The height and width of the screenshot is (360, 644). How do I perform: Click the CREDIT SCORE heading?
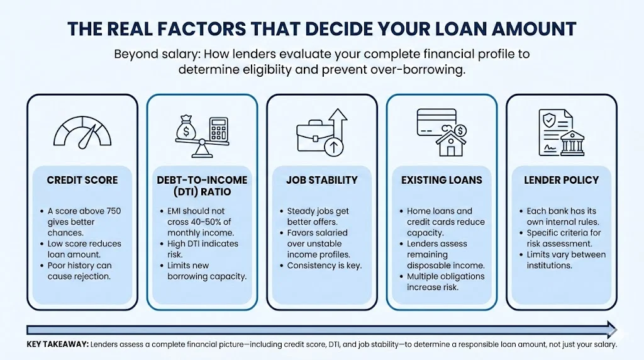(x=82, y=180)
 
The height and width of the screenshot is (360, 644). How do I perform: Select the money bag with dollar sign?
(x=186, y=127)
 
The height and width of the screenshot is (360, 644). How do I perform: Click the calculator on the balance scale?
(x=218, y=128)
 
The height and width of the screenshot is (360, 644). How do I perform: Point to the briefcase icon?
(x=316, y=135)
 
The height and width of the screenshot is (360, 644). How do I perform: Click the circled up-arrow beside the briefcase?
(x=333, y=146)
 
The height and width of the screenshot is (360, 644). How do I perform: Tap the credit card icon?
(x=436, y=122)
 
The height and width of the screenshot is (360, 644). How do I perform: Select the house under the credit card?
(x=450, y=144)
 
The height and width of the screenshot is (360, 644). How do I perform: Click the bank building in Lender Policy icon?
(x=572, y=144)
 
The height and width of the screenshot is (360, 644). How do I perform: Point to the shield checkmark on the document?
(x=548, y=120)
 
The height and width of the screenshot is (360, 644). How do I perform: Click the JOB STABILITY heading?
(x=322, y=180)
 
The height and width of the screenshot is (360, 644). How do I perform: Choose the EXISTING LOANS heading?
(x=441, y=180)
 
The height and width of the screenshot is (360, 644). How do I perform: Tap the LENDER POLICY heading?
(x=562, y=180)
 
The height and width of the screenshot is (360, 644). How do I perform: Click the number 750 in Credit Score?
(x=114, y=211)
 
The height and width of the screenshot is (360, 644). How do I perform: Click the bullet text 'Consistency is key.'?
(x=325, y=266)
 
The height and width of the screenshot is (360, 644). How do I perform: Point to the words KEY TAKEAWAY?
(x=57, y=344)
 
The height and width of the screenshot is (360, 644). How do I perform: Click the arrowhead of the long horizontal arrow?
(x=612, y=330)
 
